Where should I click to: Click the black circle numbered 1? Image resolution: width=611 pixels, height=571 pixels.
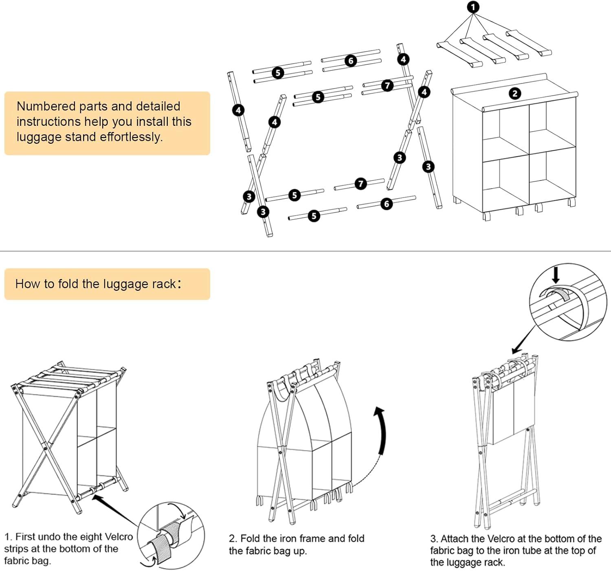point(473,7)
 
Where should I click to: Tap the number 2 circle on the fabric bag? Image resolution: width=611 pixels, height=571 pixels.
point(515,94)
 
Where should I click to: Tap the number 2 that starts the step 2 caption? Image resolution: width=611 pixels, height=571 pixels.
point(232,538)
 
